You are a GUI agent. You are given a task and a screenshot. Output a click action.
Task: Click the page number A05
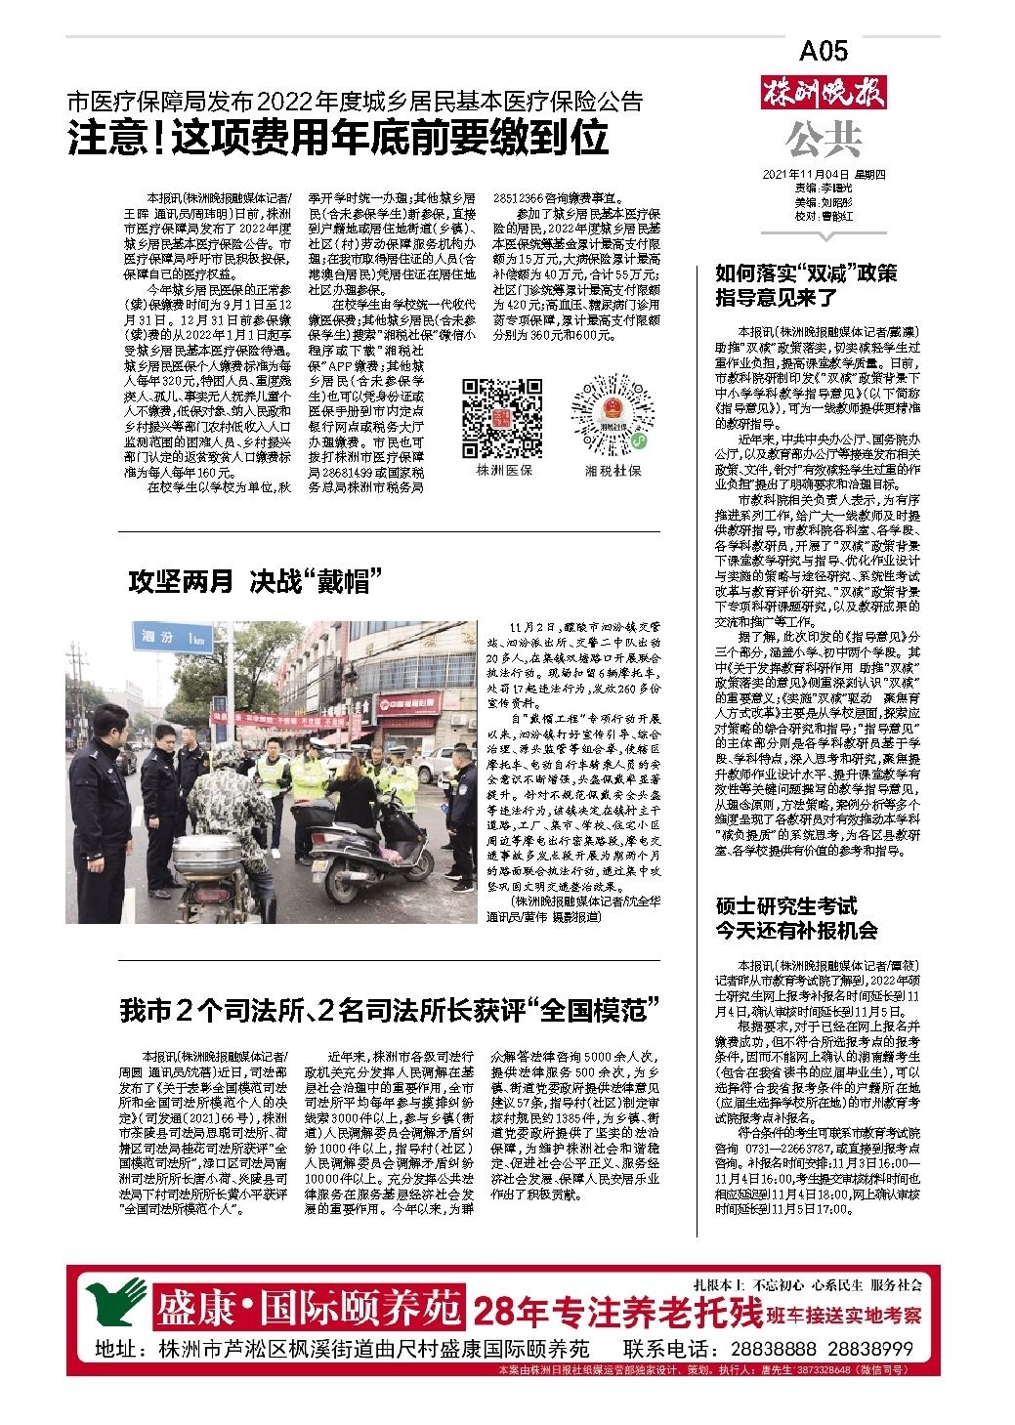tap(824, 50)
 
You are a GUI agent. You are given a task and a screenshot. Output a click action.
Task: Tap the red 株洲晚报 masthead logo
tap(824, 96)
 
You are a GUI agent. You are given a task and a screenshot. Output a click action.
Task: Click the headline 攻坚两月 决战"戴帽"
tap(254, 582)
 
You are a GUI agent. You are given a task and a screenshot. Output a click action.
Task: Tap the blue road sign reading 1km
tap(174, 637)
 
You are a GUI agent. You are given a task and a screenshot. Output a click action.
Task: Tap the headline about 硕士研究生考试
tap(796, 917)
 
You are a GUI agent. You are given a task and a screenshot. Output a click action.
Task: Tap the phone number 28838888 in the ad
tap(768, 1349)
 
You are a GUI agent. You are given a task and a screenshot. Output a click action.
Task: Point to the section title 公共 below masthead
tap(823, 139)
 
